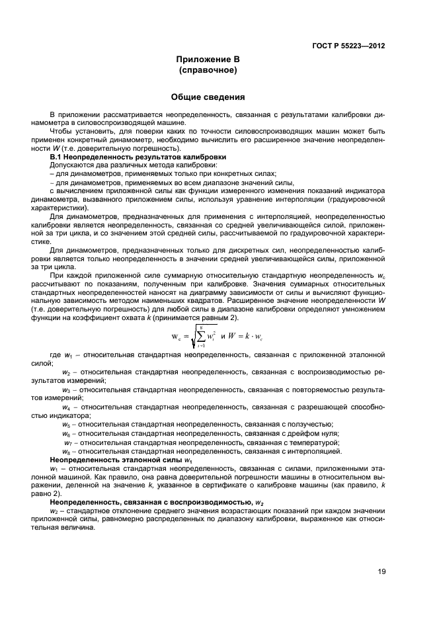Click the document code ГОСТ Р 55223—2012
point(348,46)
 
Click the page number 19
point(381,572)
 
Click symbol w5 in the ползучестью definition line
point(66,424)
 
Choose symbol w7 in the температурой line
point(67,442)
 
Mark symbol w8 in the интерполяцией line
point(66,451)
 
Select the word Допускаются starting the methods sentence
point(73,165)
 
